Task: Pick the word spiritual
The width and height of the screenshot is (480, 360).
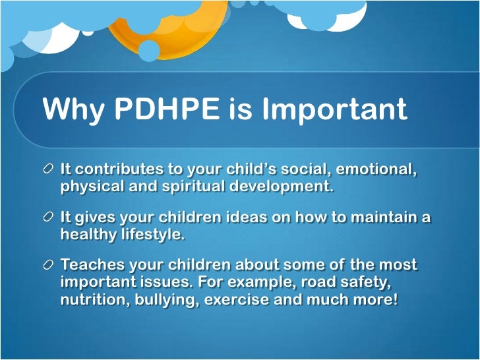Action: [x=193, y=186]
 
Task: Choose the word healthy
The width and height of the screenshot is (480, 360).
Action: [x=86, y=234]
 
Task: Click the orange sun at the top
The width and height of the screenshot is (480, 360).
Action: [x=168, y=30]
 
